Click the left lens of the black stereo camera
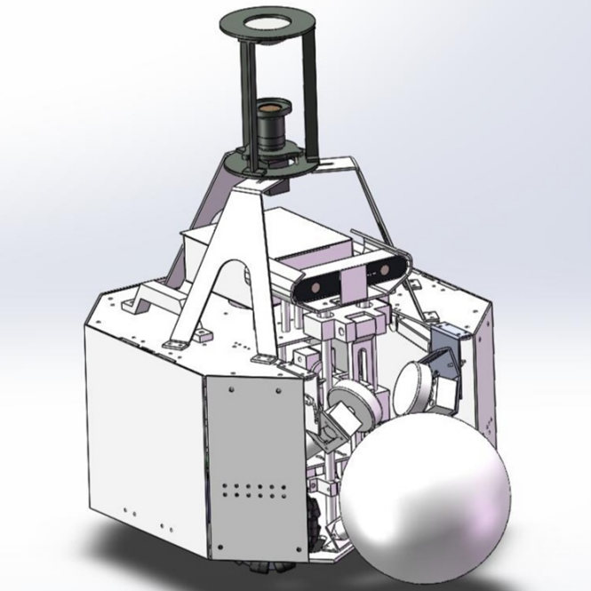point(316,286)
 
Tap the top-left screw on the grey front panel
point(230,388)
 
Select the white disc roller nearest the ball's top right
point(421,389)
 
